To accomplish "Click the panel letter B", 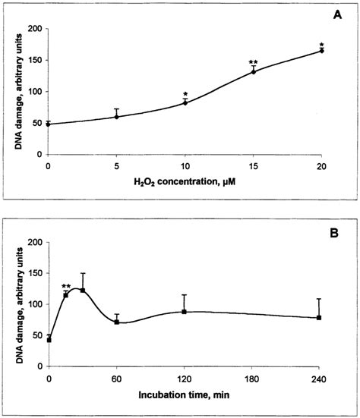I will pos(339,226).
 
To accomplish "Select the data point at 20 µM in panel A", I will pos(321,51).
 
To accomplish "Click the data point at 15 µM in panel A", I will pos(253,71).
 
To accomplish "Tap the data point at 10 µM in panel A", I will pos(185,102).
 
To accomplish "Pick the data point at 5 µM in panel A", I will pos(116,116).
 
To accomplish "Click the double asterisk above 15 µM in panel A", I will pos(253,62).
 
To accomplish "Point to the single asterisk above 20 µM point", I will pos(321,44).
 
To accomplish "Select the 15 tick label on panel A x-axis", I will pos(253,165).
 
